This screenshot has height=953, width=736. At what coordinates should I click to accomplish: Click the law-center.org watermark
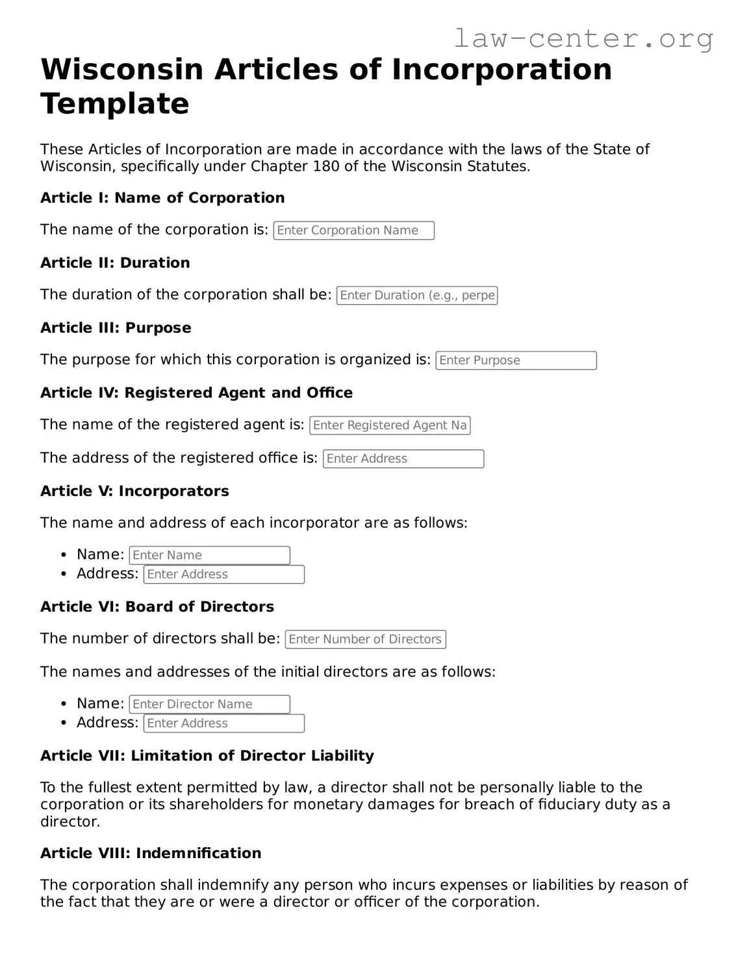[583, 38]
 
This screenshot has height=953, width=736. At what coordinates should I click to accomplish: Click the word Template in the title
[115, 104]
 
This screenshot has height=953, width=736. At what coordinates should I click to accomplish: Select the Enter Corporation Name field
[353, 231]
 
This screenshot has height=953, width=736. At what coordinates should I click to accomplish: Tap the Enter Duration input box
[416, 296]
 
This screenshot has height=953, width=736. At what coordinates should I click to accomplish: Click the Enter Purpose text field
[516, 361]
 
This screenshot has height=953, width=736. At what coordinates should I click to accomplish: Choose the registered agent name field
[390, 426]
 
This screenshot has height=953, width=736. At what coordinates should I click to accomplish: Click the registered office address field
[403, 459]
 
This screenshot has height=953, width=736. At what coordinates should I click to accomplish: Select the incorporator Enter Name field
[209, 556]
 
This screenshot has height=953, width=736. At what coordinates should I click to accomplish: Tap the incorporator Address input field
[223, 575]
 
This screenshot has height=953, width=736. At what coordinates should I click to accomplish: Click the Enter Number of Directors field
[365, 640]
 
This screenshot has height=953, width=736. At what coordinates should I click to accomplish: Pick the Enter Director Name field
[209, 705]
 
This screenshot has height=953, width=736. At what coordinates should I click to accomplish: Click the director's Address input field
[223, 724]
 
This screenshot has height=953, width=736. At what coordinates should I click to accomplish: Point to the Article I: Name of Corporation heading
[162, 198]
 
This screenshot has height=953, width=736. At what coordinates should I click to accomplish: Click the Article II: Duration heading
[115, 263]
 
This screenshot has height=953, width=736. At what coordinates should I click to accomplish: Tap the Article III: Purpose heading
[116, 328]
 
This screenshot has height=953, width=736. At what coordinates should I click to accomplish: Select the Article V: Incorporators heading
[134, 491]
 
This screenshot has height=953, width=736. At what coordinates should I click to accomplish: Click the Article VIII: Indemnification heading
[151, 854]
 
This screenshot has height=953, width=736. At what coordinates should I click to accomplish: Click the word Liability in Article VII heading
[342, 756]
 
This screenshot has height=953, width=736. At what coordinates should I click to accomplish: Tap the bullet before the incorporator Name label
[64, 555]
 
